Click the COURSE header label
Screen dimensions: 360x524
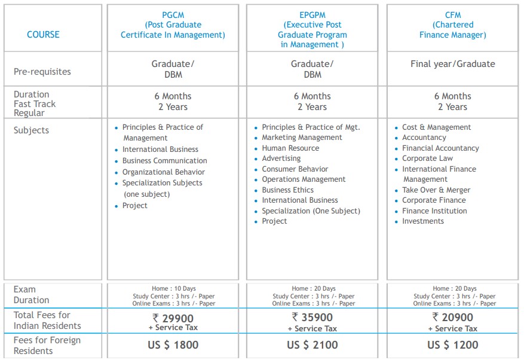(43, 35)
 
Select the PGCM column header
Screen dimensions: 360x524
(173, 25)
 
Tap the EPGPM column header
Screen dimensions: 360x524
(312, 29)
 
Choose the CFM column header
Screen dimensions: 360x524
(452, 25)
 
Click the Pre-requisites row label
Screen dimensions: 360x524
(42, 72)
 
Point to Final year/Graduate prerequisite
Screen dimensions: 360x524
(452, 64)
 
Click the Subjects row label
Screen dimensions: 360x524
(31, 130)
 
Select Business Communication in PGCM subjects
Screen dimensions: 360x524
(164, 161)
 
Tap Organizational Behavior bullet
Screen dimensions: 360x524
(163, 172)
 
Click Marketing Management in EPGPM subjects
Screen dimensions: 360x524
(302, 138)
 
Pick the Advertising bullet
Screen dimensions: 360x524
(281, 158)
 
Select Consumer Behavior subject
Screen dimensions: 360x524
(295, 169)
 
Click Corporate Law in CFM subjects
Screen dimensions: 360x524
(427, 158)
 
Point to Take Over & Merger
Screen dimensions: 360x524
(436, 190)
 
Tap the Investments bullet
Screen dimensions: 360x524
(422, 221)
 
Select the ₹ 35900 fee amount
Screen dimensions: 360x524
(312, 317)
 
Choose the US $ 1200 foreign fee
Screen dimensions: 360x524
(452, 345)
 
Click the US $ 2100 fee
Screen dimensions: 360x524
(312, 345)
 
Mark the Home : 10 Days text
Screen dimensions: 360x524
(173, 289)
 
